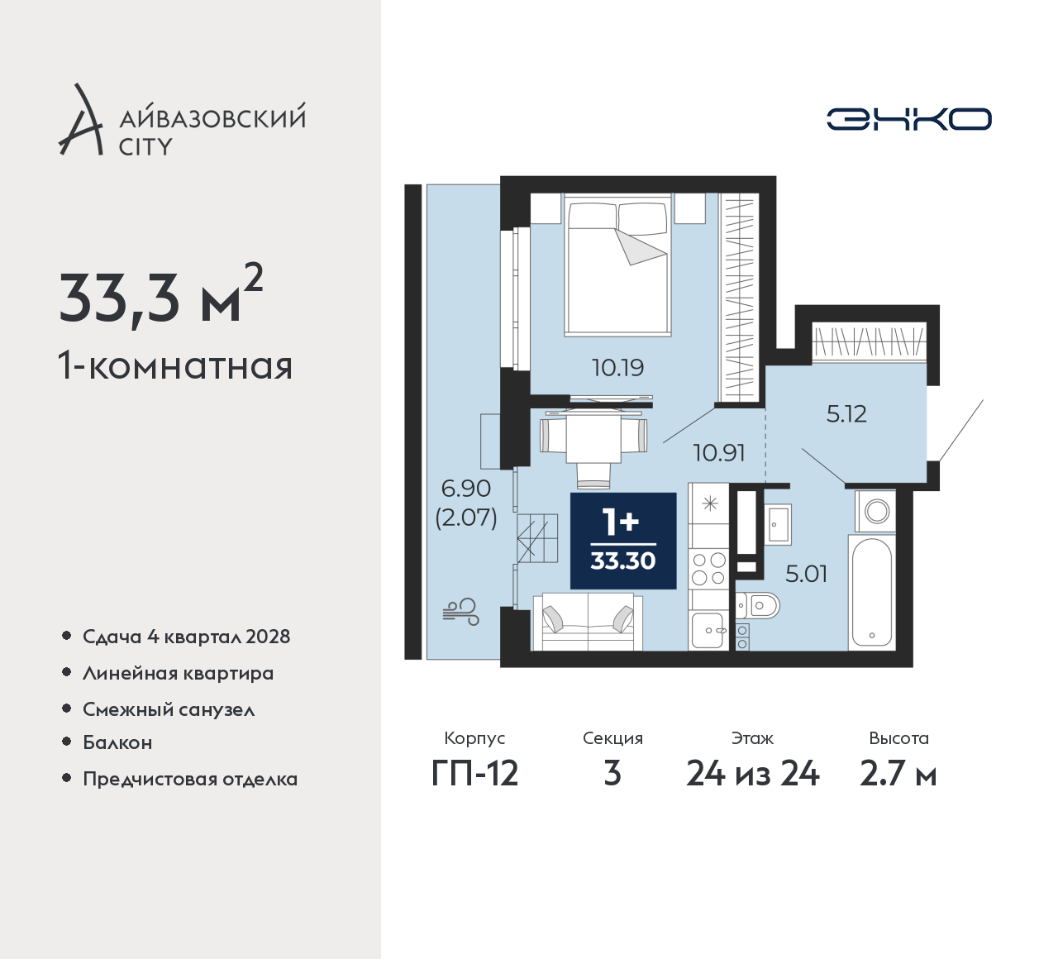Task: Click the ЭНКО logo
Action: point(908,119)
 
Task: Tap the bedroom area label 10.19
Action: point(617,368)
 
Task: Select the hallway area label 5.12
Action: point(846,414)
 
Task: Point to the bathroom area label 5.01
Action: point(806,574)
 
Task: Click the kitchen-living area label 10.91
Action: point(719,453)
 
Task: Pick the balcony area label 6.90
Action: point(465,489)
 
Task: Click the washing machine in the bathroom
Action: point(875,511)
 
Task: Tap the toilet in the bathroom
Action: point(758,605)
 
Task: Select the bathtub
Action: point(872,593)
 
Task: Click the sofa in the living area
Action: point(588,622)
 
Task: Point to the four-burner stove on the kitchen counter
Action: point(708,569)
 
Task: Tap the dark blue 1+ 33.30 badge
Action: point(623,541)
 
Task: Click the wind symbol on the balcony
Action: point(460,612)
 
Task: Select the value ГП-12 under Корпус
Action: point(474,775)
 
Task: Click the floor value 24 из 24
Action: point(753,775)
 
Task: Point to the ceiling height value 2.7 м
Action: point(898,775)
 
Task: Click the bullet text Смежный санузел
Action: point(169,710)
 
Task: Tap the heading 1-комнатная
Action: point(175,366)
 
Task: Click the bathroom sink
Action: point(778,524)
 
